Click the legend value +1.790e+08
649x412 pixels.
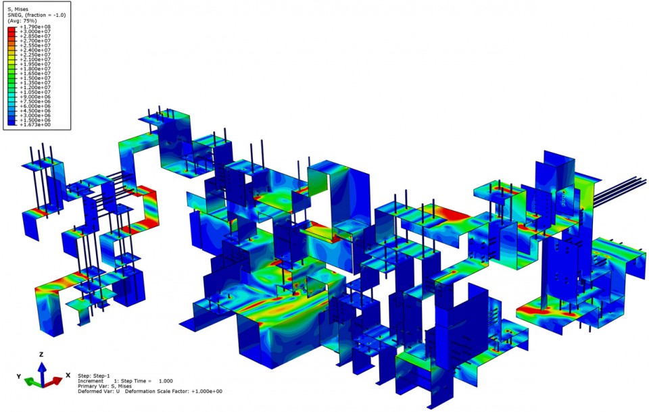pos(35,27)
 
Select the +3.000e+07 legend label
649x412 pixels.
pos(35,32)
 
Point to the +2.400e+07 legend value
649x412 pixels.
pos(35,50)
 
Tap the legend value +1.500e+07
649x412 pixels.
pos(35,78)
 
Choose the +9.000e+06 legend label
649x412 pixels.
pos(35,97)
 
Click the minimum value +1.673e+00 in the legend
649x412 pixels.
pos(35,124)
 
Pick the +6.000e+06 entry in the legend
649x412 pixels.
pos(35,106)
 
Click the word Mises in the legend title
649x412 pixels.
pos(21,9)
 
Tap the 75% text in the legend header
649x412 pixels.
pos(30,21)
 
